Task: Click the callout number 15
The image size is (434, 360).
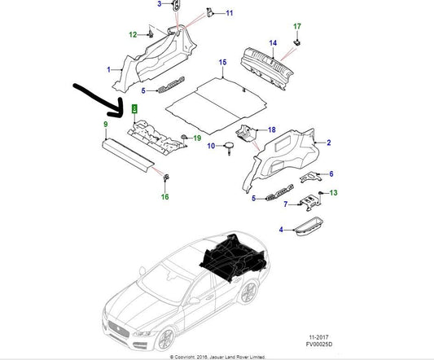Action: pos(222,63)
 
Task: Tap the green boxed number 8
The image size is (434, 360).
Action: pos(134,108)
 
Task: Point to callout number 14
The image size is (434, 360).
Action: pos(273,42)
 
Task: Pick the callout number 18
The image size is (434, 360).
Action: pos(272,129)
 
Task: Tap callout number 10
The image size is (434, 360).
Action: pos(209,146)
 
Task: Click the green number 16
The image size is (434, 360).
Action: pos(164,197)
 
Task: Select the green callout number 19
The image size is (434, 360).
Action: pos(197,138)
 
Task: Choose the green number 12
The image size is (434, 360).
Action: pos(133,34)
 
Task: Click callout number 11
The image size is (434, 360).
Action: pos(229,13)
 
